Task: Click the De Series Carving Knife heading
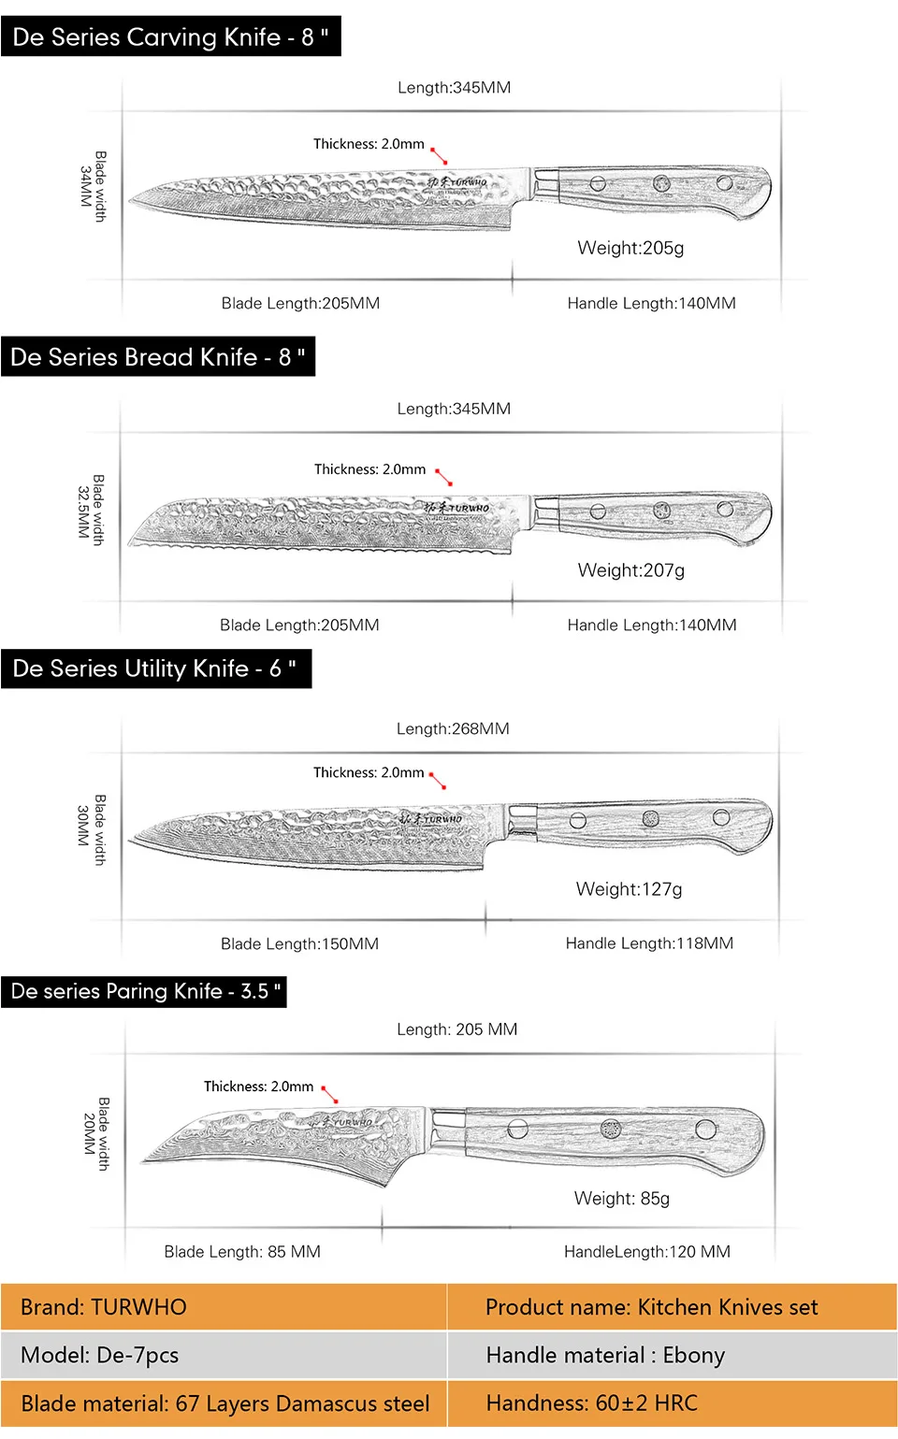[170, 37]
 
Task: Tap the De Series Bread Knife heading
[158, 357]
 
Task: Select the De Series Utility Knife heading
[155, 669]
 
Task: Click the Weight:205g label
[630, 248]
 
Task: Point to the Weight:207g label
[631, 570]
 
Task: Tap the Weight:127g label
[630, 889]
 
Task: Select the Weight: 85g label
[622, 1199]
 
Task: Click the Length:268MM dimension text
[453, 728]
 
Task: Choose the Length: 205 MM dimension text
[456, 1029]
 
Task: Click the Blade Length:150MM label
[299, 943]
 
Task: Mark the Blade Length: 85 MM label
[242, 1252]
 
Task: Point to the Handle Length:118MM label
[649, 943]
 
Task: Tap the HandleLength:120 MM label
[647, 1252]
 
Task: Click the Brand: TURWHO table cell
[224, 1307]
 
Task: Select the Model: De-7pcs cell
[224, 1355]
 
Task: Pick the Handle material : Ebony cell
[672, 1355]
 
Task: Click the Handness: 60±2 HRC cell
[672, 1403]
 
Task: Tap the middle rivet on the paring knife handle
[611, 1129]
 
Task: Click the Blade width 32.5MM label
[91, 511]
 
